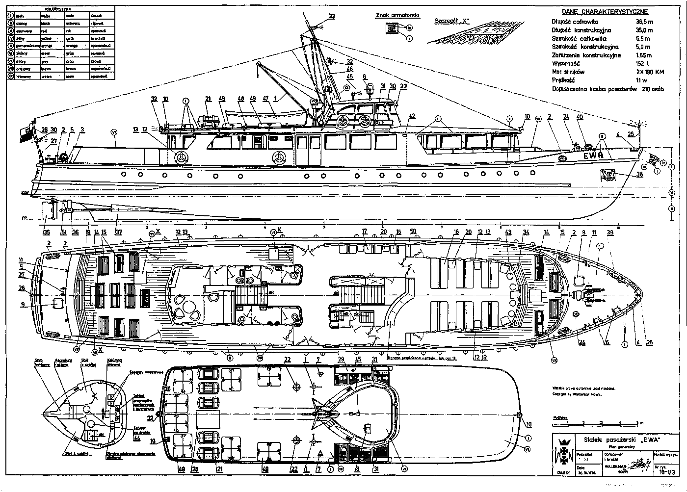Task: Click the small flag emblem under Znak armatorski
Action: coord(392,28)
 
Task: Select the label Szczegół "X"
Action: coord(452,21)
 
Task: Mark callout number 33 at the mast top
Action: coord(332,16)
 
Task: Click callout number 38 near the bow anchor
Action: coord(639,174)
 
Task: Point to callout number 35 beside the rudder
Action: coord(47,233)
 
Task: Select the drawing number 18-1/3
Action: coord(667,472)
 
